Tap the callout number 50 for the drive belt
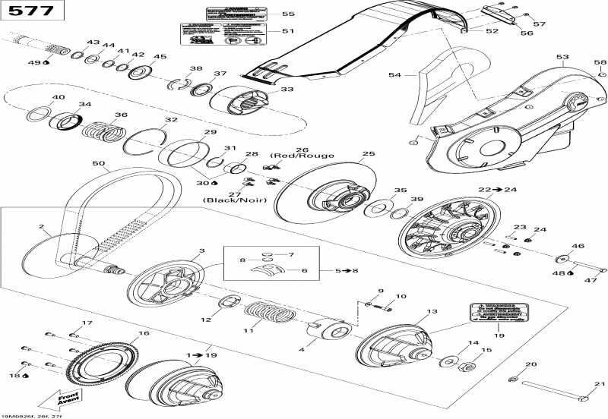[x=98, y=164]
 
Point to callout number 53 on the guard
[x=562, y=57]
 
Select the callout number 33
[x=287, y=90]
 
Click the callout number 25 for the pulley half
[x=369, y=154]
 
